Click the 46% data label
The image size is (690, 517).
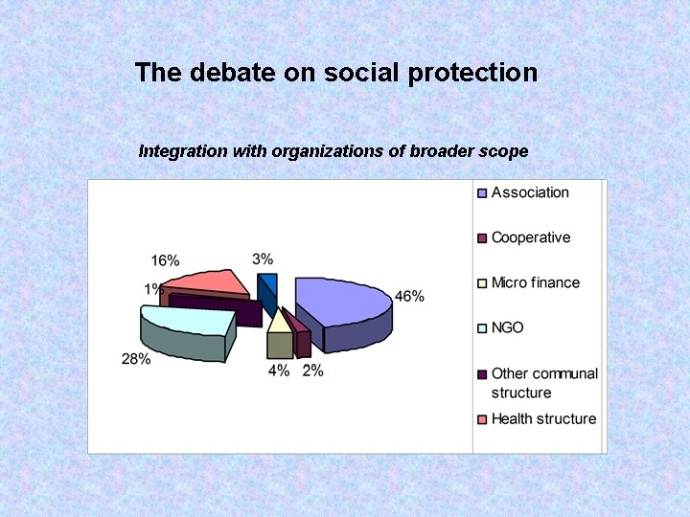(409, 297)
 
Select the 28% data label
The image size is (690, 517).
(136, 359)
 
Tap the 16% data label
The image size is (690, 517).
(165, 260)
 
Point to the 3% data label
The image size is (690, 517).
(263, 258)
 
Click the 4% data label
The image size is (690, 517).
(279, 371)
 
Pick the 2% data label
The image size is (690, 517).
(312, 371)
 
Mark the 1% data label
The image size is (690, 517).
(153, 289)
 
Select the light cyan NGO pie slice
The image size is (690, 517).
(187, 321)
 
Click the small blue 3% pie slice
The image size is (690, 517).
(267, 287)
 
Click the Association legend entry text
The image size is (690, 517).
(530, 192)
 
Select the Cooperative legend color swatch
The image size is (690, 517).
(483, 237)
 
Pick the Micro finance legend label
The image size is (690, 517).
(536, 282)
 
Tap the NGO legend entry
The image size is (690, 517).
(508, 327)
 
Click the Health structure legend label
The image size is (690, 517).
(543, 418)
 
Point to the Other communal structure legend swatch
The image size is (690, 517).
(483, 373)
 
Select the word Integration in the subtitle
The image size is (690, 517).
(183, 151)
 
